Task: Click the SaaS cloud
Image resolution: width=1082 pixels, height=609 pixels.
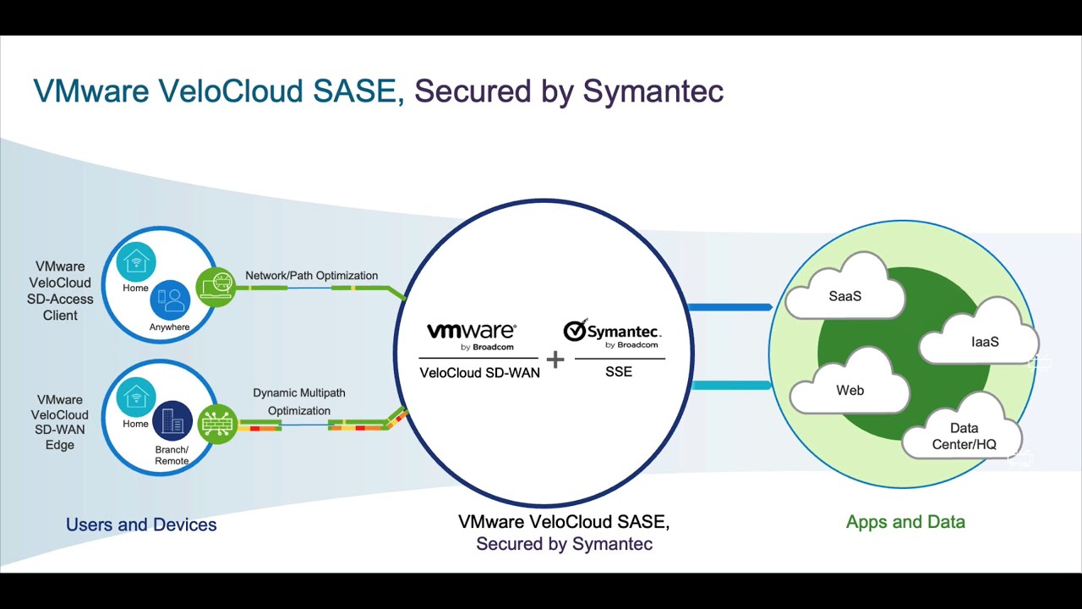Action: (x=844, y=294)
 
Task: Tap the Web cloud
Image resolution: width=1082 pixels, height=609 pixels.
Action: (x=850, y=388)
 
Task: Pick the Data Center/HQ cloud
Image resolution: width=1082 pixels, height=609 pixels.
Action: (x=963, y=434)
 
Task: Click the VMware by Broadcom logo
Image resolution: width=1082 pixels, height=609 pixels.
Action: (x=471, y=336)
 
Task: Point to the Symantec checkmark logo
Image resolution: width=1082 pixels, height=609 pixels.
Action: (x=576, y=331)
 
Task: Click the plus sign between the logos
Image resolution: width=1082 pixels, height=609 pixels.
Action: (x=555, y=359)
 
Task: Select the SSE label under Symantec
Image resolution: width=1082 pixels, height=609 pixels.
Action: (x=619, y=371)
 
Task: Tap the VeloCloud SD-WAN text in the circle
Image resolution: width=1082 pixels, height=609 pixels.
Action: (x=479, y=372)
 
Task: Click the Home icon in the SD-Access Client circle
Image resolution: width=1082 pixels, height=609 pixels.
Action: (x=136, y=262)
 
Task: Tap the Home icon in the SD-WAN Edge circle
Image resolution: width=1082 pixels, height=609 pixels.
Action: (x=136, y=397)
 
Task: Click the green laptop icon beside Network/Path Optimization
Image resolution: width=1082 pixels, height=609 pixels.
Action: (x=216, y=287)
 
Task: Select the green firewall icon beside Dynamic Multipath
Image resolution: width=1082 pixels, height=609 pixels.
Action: (x=217, y=423)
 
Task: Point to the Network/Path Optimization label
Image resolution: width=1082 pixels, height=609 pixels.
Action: (x=311, y=276)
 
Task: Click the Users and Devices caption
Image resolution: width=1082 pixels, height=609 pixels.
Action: (x=141, y=524)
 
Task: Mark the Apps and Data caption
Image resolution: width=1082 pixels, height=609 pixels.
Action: (x=905, y=522)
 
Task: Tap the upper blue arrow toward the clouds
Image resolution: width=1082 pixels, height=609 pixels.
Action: (x=730, y=307)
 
